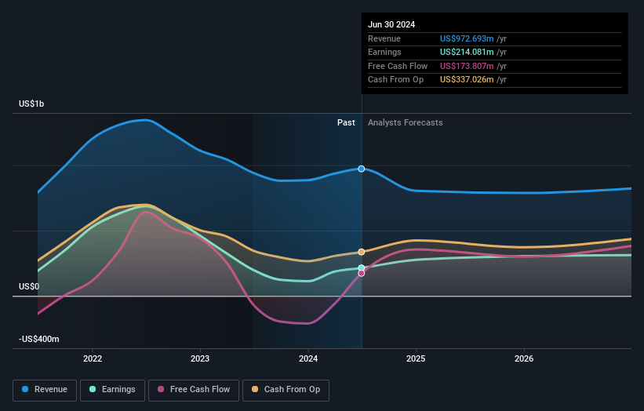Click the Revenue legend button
(x=45, y=389)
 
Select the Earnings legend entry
(x=111, y=389)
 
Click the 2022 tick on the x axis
(x=93, y=359)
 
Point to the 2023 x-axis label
(x=200, y=359)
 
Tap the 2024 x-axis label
(x=308, y=359)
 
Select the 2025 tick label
(x=416, y=359)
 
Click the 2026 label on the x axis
(x=524, y=359)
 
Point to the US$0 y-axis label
(x=29, y=287)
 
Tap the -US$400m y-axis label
(x=39, y=339)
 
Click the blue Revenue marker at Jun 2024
(x=362, y=169)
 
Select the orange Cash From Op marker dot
(x=362, y=252)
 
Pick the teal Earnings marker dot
(x=362, y=268)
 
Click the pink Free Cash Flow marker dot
(x=362, y=274)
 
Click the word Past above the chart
(x=346, y=123)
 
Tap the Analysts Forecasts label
(x=405, y=123)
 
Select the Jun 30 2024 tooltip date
(x=391, y=24)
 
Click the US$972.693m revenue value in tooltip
(x=467, y=38)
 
